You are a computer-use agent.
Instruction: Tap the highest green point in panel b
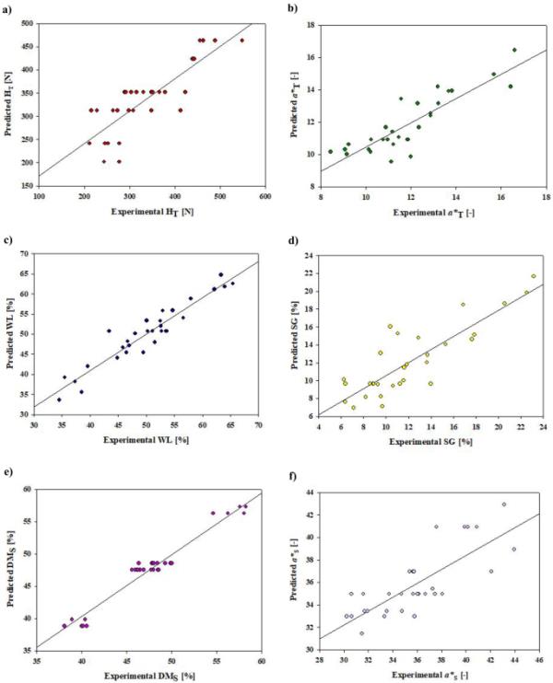coord(514,50)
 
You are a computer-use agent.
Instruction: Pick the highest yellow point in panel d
coord(533,276)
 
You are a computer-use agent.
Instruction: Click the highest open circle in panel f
coord(503,504)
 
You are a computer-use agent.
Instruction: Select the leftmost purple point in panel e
coord(64,600)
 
